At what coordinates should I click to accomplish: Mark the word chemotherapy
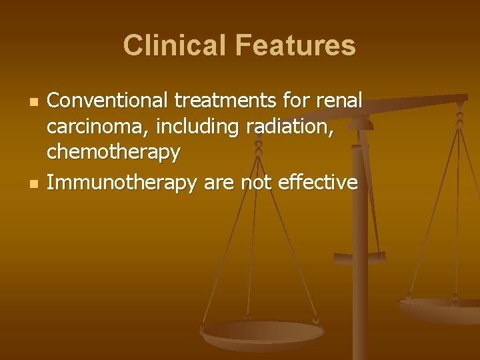[x=113, y=153]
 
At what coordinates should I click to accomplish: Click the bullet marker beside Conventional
[x=32, y=103]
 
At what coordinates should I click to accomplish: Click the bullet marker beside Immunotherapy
[x=32, y=183]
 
